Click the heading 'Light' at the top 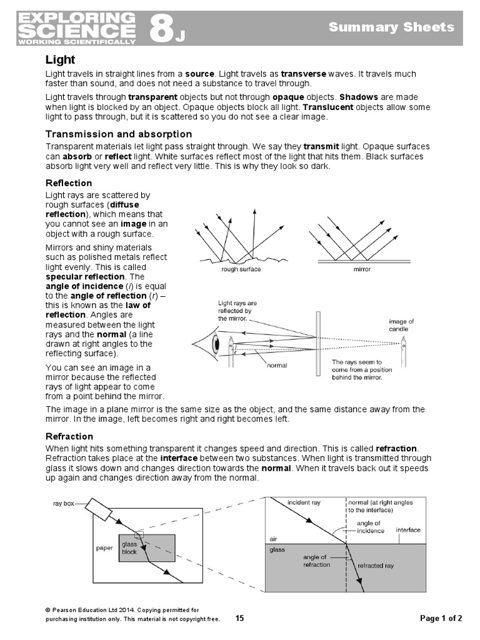pyautogui.click(x=60, y=60)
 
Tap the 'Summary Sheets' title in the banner pyautogui.click(x=391, y=27)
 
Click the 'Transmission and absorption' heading pyautogui.click(x=119, y=134)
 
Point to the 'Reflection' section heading pyautogui.click(x=69, y=183)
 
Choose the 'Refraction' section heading pyautogui.click(x=69, y=436)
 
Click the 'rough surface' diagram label pyautogui.click(x=241, y=269)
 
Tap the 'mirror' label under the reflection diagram pyautogui.click(x=362, y=269)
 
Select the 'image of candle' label pyautogui.click(x=401, y=325)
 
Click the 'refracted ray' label pyautogui.click(x=376, y=566)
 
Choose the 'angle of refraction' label pyautogui.click(x=315, y=561)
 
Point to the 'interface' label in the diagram pyautogui.click(x=408, y=530)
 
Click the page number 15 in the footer pyautogui.click(x=239, y=619)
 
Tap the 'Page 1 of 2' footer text pyautogui.click(x=441, y=619)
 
